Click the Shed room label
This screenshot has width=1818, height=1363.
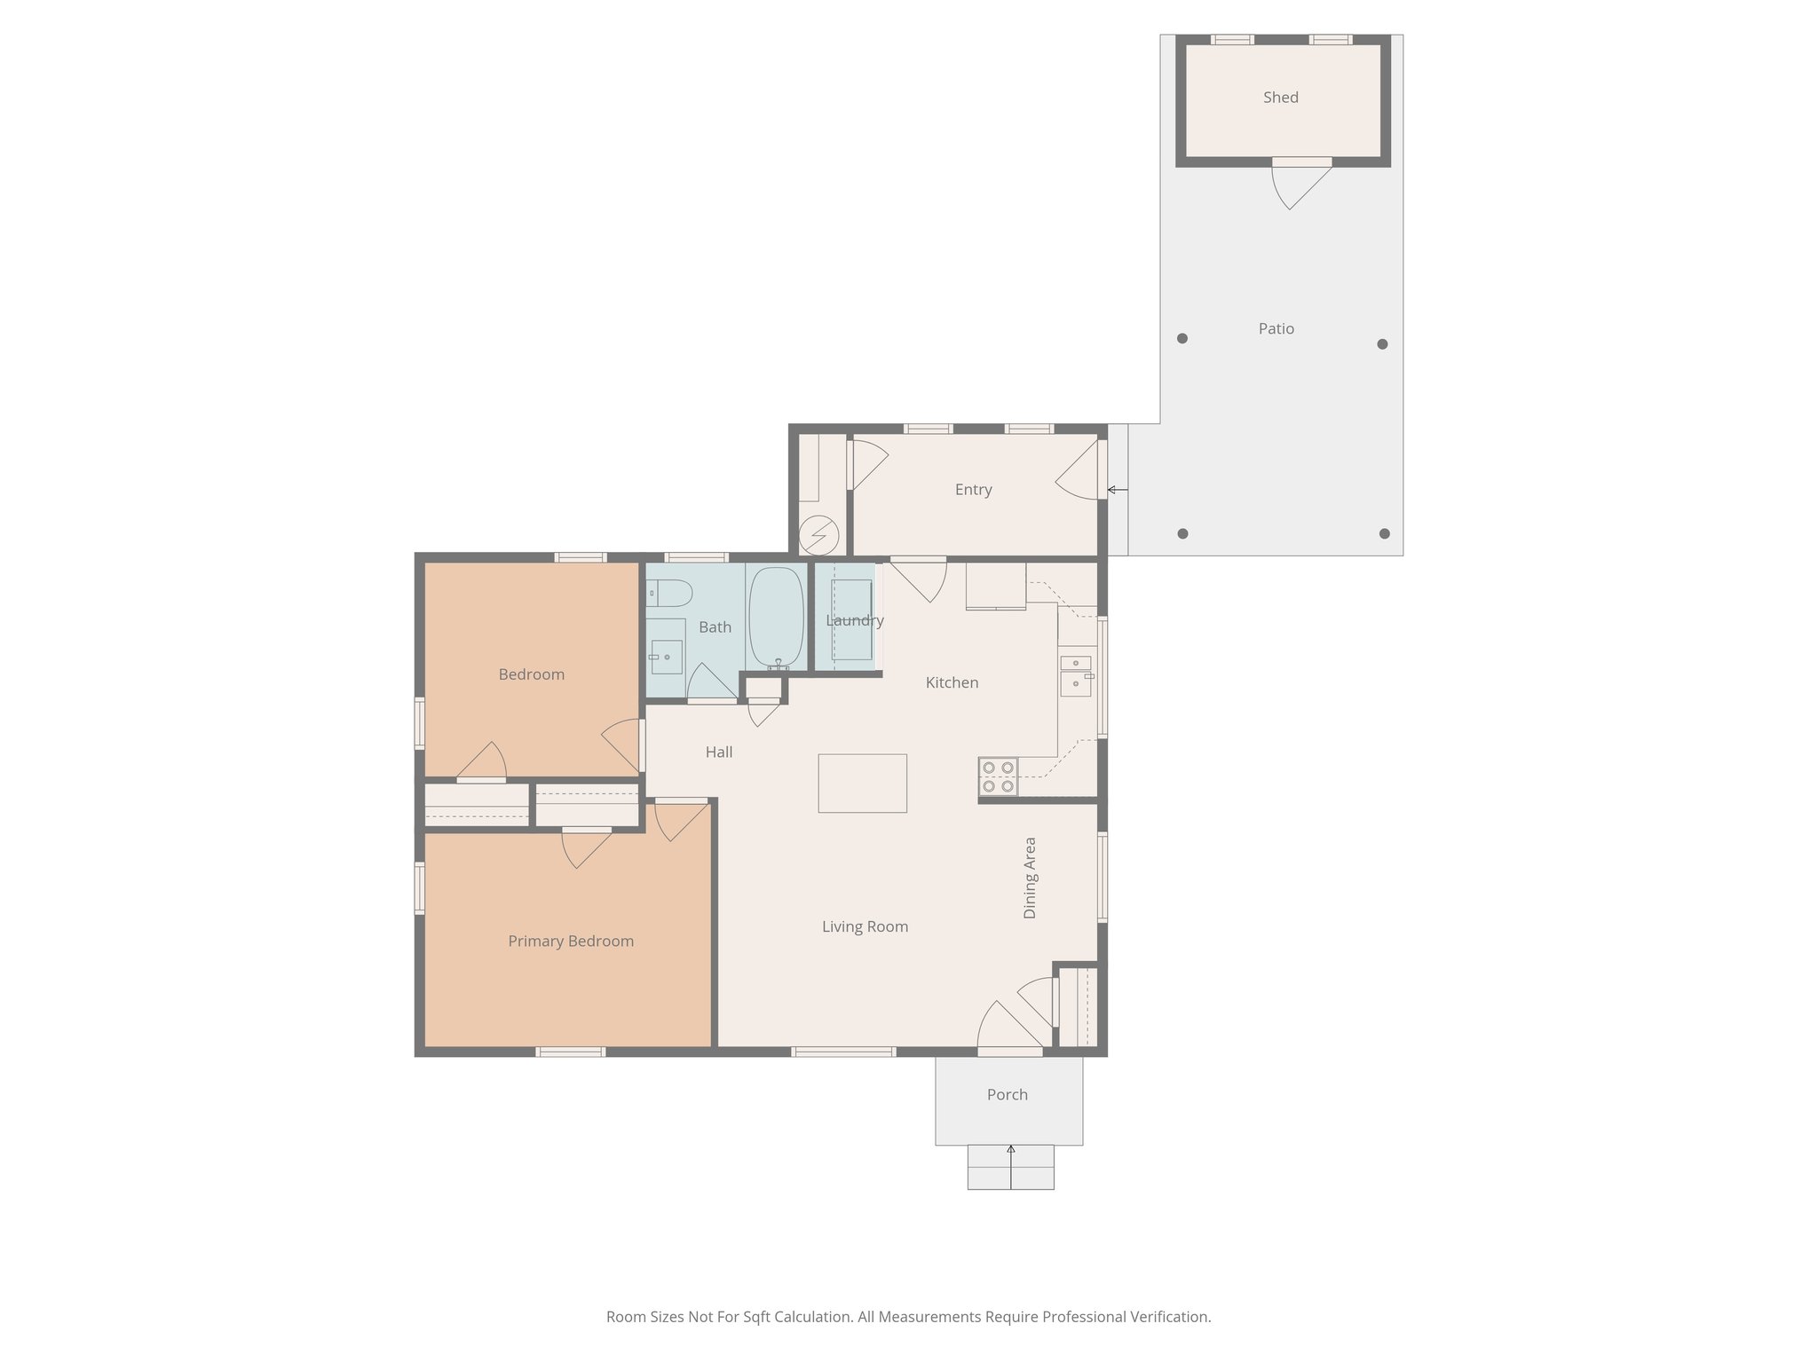click(x=1280, y=98)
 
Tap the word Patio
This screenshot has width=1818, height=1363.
click(x=1276, y=328)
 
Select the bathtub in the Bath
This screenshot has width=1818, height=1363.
click(x=776, y=618)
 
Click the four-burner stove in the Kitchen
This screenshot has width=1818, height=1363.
click(x=998, y=776)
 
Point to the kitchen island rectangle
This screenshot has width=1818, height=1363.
click(x=862, y=783)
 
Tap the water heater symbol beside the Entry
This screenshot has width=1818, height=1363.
click(x=818, y=535)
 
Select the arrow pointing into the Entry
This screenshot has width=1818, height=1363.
click(x=1117, y=490)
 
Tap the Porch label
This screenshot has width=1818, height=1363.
click(x=1007, y=1095)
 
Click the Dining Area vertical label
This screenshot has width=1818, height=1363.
click(x=1030, y=878)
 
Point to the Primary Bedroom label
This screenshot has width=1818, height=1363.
click(x=571, y=941)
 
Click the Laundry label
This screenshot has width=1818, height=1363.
click(x=854, y=620)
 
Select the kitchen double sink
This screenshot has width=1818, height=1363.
click(x=1075, y=675)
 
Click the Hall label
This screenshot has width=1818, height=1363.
click(x=718, y=752)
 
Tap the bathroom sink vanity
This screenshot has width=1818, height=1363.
click(x=666, y=646)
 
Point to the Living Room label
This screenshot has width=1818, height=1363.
click(x=865, y=927)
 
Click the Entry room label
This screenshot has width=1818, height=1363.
click(x=973, y=490)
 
